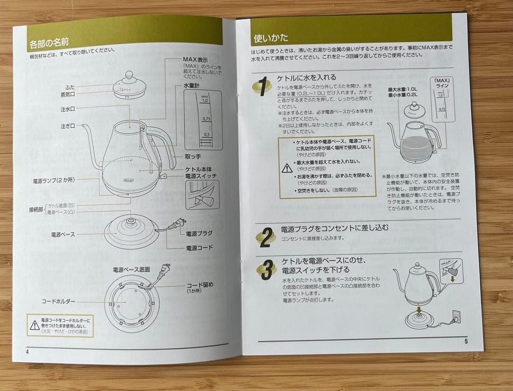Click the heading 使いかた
271,38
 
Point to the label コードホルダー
58,302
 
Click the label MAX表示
195,59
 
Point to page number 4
28,352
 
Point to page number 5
466,341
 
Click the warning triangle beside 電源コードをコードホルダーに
35,325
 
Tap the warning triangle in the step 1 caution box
287,168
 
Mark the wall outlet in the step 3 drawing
456,315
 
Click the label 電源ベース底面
132,269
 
